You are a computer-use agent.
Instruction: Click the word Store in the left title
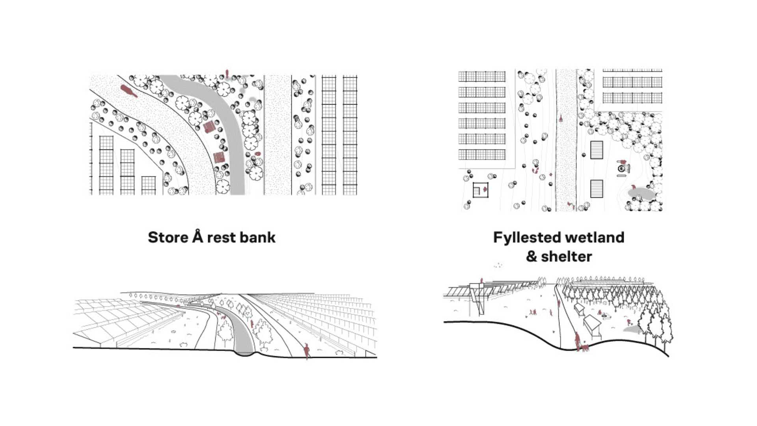click(168, 237)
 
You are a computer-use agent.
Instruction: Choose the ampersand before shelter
click(531, 257)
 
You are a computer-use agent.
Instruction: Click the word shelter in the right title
click(566, 257)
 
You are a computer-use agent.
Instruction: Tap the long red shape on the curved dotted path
click(129, 91)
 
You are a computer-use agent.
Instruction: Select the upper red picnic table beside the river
click(209, 127)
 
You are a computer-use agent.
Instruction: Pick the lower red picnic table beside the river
click(219, 157)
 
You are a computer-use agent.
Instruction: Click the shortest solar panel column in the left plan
click(149, 185)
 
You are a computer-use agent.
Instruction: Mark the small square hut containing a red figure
click(481, 190)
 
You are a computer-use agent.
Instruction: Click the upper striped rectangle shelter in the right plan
click(597, 150)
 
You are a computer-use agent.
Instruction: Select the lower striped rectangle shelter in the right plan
click(597, 189)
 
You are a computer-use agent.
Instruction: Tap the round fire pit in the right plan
click(622, 169)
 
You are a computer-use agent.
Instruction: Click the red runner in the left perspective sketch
click(306, 350)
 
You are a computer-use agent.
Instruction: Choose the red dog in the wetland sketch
click(585, 348)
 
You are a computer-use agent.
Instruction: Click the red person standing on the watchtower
click(481, 280)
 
